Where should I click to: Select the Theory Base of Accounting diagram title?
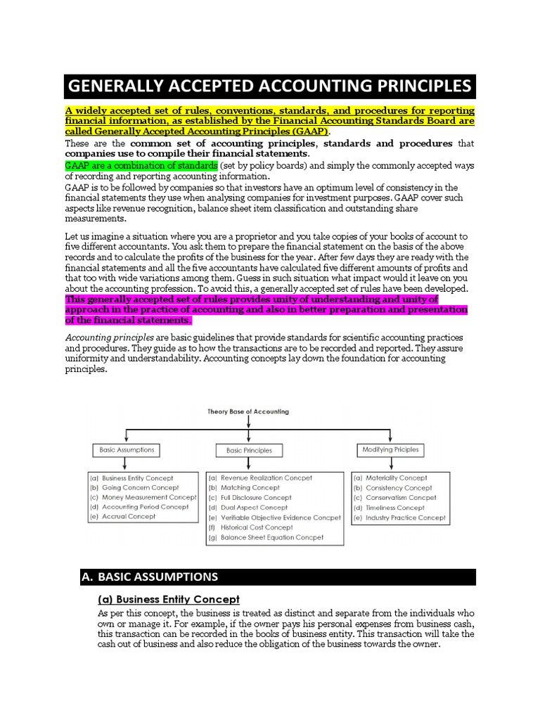(247, 411)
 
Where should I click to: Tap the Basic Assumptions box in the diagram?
(124, 449)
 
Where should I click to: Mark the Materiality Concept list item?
(396, 477)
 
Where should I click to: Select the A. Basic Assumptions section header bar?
(277, 577)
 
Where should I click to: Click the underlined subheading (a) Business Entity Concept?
(168, 599)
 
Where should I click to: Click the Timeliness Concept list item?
(394, 508)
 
